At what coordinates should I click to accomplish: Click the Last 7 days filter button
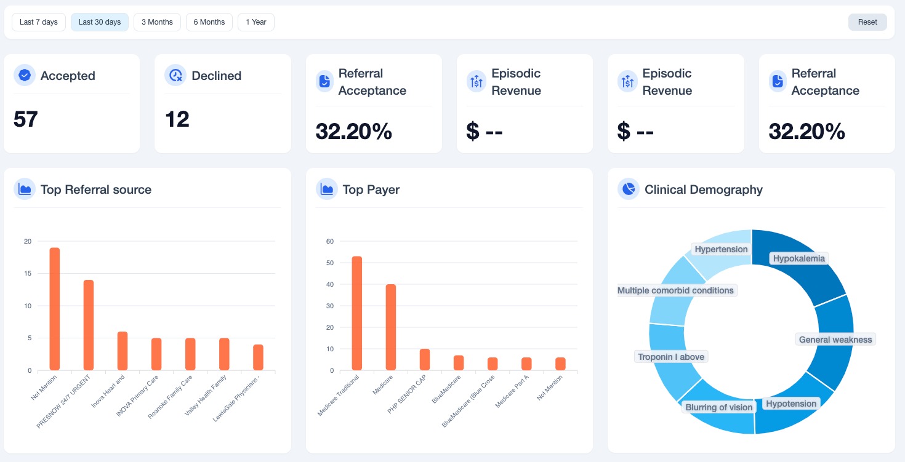coord(39,22)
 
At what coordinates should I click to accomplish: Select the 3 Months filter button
coord(157,22)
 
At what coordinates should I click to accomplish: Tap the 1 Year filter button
coord(256,22)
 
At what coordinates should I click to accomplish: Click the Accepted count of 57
coord(25,119)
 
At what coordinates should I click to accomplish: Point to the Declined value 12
coord(177,119)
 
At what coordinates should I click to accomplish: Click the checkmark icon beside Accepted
coord(25,75)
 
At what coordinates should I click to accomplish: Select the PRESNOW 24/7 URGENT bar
coord(89,325)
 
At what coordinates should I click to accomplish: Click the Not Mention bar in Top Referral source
coord(55,309)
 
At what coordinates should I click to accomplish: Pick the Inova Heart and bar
coord(123,351)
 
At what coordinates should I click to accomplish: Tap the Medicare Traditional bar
coord(356,313)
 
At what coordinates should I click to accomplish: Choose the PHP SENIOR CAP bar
coord(425,359)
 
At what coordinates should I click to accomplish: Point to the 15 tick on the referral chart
coord(28,273)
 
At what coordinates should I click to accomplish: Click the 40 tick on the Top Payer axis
coord(330,284)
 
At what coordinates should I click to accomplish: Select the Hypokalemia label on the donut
coord(798,258)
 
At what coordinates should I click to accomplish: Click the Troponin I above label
coord(671,357)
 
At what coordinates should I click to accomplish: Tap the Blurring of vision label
coord(718,407)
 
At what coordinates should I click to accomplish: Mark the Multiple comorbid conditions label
coord(675,290)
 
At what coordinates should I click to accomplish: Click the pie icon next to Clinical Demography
coord(629,189)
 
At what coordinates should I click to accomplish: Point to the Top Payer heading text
coord(371,189)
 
